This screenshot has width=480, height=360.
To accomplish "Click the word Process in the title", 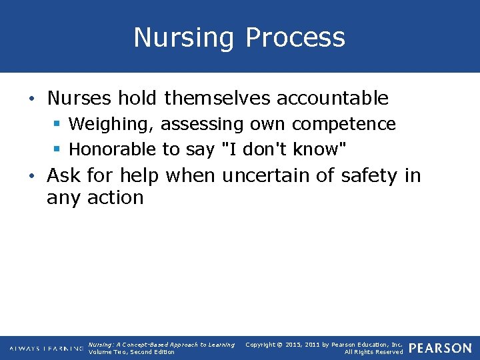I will pos(295,37).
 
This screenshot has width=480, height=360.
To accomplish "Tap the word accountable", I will pos(332,98).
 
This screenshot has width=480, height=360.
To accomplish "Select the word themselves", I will pos(217,98).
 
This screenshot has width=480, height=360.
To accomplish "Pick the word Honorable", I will pos(113,149).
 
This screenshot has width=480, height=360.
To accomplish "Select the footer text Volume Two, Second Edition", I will pos(131,352).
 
